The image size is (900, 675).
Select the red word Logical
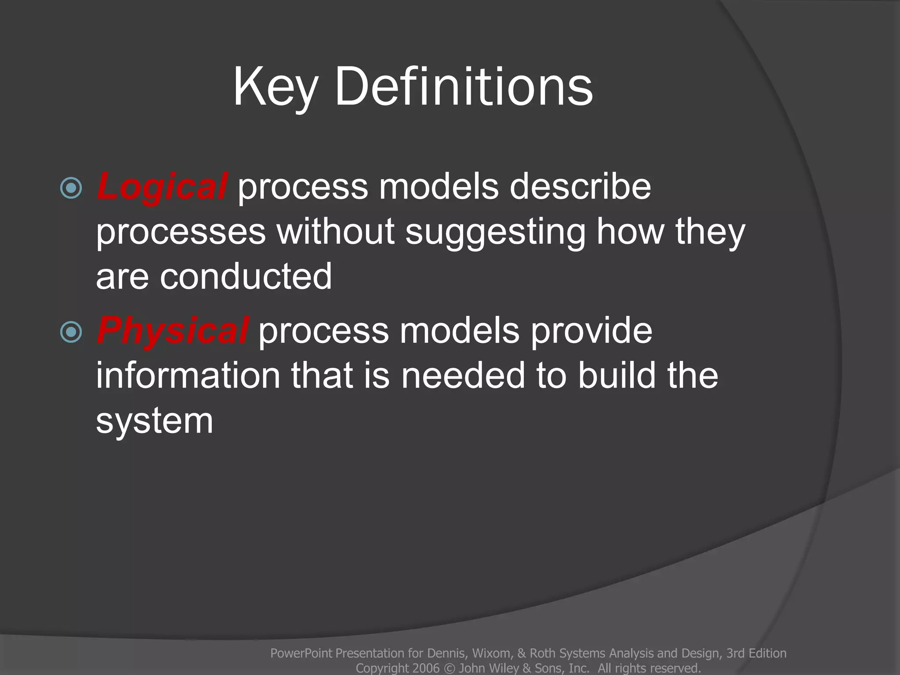click(x=162, y=186)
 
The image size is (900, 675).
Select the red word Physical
click(x=173, y=330)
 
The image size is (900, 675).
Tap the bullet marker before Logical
click(x=71, y=188)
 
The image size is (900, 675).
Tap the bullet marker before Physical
click(x=71, y=332)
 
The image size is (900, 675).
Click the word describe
click(x=580, y=186)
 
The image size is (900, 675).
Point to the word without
click(x=335, y=232)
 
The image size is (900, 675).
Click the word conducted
click(x=246, y=276)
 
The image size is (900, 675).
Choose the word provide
click(x=591, y=330)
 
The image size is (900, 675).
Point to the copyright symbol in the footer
click(x=449, y=668)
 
